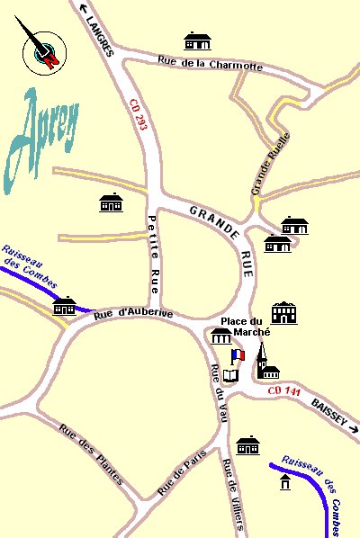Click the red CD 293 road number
(137, 115)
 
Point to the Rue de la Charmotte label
(210, 64)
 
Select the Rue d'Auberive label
(132, 312)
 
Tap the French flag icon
(237, 355)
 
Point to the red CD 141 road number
(284, 390)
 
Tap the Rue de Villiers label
(233, 495)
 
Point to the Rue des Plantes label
(91, 453)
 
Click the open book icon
(232, 372)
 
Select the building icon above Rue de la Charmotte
(197, 41)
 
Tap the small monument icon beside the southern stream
(285, 483)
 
